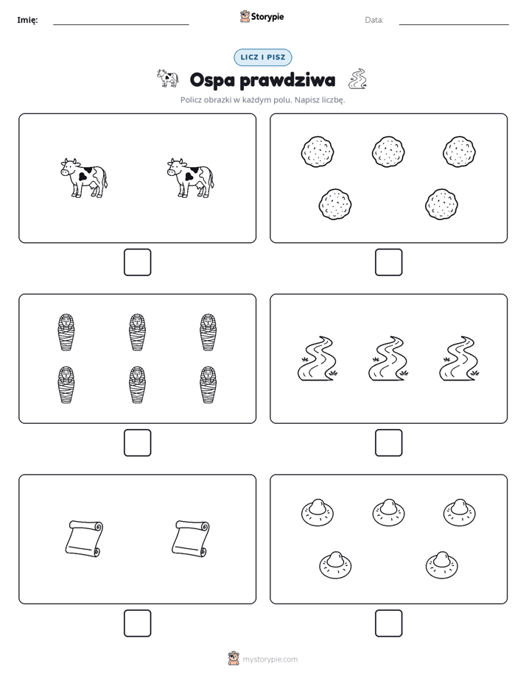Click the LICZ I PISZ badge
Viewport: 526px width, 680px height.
point(262,57)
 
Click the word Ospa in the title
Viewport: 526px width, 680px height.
point(211,81)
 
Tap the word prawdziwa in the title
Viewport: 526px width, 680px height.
point(287,79)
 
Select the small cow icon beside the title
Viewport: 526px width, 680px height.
point(167,78)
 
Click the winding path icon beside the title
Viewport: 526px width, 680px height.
point(357,79)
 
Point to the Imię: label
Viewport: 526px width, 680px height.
point(27,20)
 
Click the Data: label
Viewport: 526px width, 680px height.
point(374,20)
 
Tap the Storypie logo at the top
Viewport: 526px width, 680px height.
point(262,17)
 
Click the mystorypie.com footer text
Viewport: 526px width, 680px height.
point(270,659)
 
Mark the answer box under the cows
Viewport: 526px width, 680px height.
point(137,263)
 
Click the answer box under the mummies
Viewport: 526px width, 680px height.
point(137,443)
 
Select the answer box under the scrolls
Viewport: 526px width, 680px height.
point(137,623)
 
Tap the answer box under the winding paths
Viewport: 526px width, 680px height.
point(388,443)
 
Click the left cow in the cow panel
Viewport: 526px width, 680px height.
point(84,178)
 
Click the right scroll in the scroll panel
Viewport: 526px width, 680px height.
point(191,538)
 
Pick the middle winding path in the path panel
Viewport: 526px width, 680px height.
point(388,358)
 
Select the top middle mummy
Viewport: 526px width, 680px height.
point(137,332)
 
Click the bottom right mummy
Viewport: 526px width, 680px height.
point(208,385)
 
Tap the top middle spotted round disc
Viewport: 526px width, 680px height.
point(388,152)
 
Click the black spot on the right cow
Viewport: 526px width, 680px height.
point(193,173)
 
